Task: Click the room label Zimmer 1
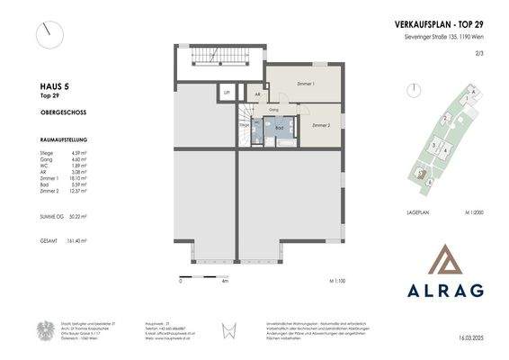[x=307, y=82]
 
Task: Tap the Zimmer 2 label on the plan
[x=321, y=126]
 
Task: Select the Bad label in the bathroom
[x=280, y=129]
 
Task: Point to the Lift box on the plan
[x=227, y=93]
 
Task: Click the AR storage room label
[x=257, y=94]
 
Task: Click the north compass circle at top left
[x=50, y=35]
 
